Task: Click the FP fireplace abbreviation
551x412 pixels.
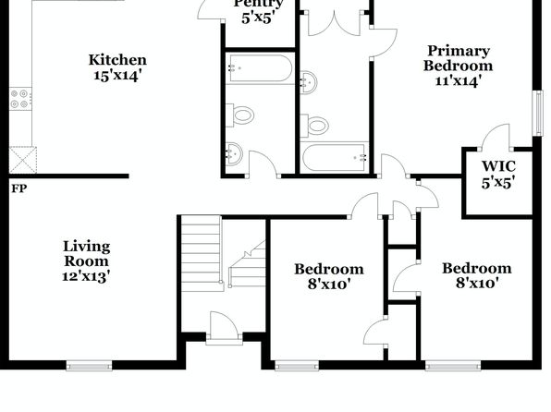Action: point(19,188)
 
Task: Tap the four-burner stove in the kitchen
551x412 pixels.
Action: point(20,99)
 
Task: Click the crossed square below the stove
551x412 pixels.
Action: point(23,160)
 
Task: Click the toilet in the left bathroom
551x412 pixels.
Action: point(240,115)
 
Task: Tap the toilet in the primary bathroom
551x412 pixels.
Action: point(315,126)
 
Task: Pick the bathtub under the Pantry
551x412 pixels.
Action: point(260,68)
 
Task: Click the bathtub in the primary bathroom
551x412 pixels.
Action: point(335,157)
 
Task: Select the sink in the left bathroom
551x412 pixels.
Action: point(234,153)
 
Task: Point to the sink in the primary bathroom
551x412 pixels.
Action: point(309,82)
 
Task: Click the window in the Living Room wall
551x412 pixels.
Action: point(90,367)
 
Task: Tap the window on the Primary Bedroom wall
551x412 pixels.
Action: point(538,113)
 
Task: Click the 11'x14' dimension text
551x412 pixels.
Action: point(458,81)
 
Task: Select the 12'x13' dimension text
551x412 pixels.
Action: point(87,277)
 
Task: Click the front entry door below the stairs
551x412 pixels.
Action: point(225,327)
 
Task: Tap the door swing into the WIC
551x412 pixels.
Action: point(496,135)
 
